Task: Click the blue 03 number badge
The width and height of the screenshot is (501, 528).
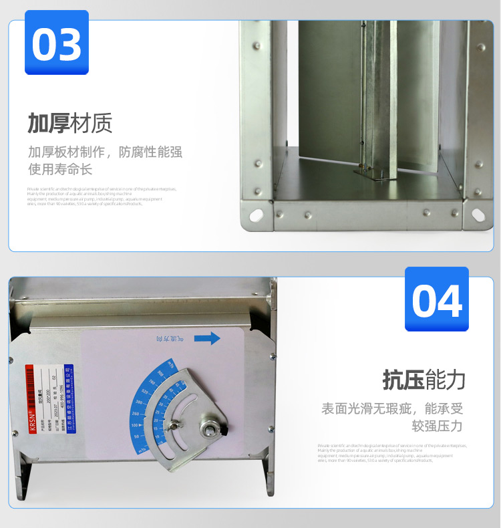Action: tap(56, 42)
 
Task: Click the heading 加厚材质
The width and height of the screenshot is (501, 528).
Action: tap(69, 123)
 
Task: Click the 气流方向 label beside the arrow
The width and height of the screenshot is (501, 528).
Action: tap(167, 340)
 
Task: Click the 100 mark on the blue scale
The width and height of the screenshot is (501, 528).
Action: tap(135, 425)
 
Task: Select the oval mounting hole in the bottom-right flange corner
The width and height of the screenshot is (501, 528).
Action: tap(478, 215)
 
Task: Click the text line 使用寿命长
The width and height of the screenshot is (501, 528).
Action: tap(60, 170)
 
